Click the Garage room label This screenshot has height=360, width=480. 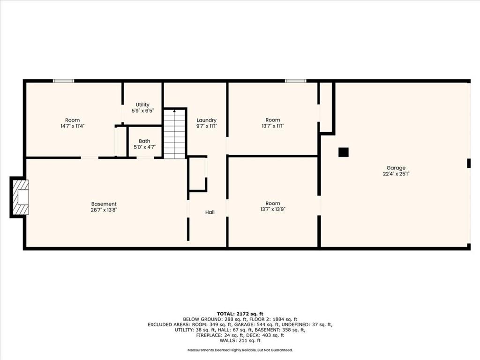click(396, 168)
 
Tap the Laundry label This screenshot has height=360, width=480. click(206, 120)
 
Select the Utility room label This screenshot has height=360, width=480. click(142, 105)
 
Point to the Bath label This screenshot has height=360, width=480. click(144, 141)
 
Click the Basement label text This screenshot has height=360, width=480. click(104, 204)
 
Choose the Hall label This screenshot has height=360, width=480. click(210, 212)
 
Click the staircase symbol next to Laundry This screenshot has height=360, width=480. click(174, 134)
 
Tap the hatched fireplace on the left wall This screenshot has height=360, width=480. click(20, 197)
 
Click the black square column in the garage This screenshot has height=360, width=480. click(344, 152)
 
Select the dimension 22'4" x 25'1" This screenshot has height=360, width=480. click(396, 174)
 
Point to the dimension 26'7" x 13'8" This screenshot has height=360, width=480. click(104, 210)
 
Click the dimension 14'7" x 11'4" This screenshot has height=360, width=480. click(72, 126)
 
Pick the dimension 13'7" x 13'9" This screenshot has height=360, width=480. click(272, 210)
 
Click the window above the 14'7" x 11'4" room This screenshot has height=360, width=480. click(64, 81)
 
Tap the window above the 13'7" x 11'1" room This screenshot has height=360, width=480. click(295, 81)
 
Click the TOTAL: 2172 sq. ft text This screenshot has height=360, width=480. click(240, 314)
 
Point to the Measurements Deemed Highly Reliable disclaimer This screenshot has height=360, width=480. click(240, 350)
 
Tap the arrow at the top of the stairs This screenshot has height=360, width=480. click(174, 111)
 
